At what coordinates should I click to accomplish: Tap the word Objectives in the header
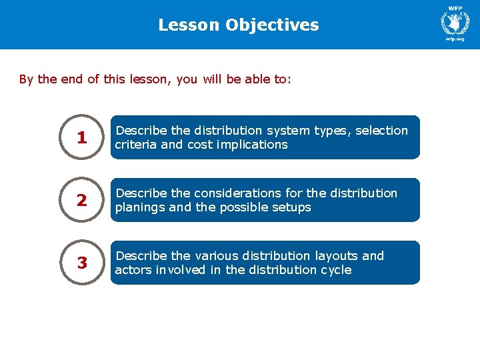tap(272, 25)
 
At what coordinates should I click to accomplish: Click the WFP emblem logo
tap(455, 21)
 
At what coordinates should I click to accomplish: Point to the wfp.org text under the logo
tap(455, 39)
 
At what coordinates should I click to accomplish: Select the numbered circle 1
tap(82, 137)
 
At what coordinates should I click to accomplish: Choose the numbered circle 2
tap(82, 200)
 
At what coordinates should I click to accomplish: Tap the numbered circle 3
tap(82, 263)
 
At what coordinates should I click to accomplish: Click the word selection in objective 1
tap(381, 131)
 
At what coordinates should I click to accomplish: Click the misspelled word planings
tap(140, 207)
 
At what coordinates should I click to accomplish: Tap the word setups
tap(288, 207)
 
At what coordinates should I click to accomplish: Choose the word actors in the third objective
tap(131, 270)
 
